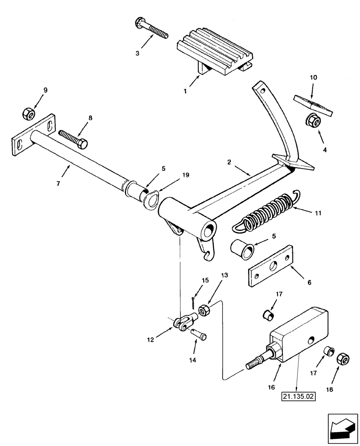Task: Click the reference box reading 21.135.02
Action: click(297, 395)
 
